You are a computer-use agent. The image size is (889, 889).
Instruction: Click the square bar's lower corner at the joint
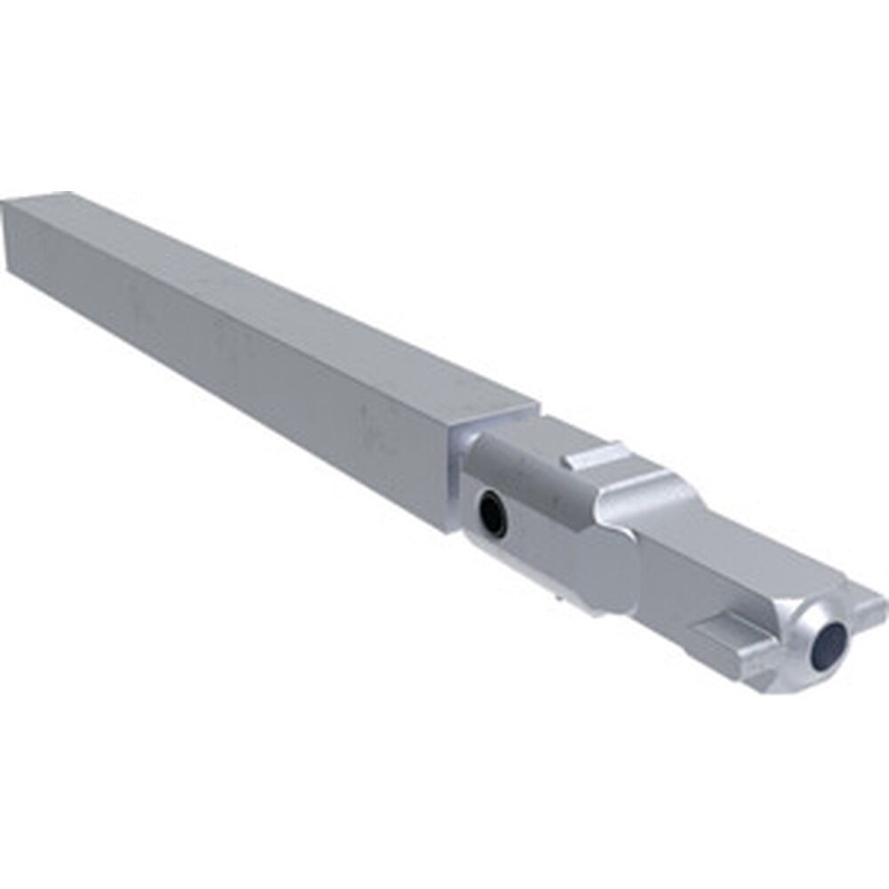click(x=449, y=529)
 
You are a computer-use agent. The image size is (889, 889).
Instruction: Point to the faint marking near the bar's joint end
click(x=373, y=422)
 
